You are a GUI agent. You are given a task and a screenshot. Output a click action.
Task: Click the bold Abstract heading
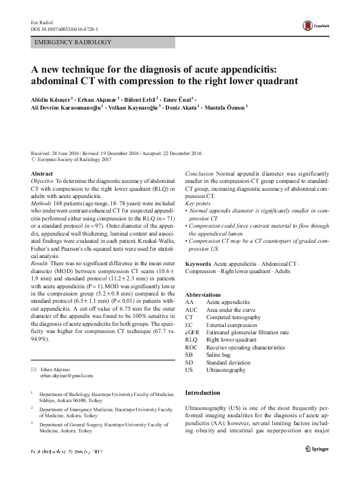[42, 174]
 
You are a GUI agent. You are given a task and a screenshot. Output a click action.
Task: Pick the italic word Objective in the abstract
[42, 181]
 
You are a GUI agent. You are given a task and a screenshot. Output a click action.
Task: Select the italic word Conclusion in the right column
[198, 174]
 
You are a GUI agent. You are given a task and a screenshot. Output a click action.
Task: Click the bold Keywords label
[198, 265]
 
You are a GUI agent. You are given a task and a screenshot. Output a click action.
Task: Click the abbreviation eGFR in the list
[192, 332]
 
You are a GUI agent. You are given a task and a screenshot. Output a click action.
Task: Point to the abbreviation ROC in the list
[191, 348]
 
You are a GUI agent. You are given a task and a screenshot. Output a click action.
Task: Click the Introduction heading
[203, 393]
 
